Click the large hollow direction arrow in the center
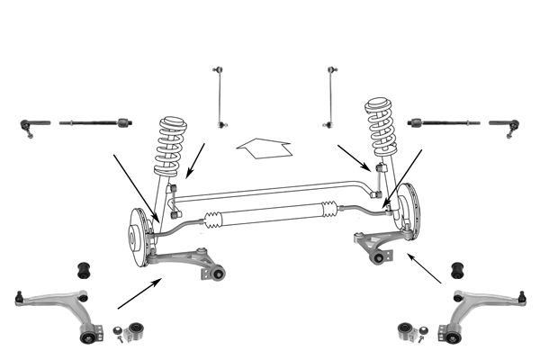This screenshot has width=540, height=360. click(x=262, y=147)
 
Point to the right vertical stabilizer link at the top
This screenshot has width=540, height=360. click(x=331, y=95)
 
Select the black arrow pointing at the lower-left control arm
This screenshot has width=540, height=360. click(x=139, y=293)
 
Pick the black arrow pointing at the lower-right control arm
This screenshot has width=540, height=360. click(x=425, y=269)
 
